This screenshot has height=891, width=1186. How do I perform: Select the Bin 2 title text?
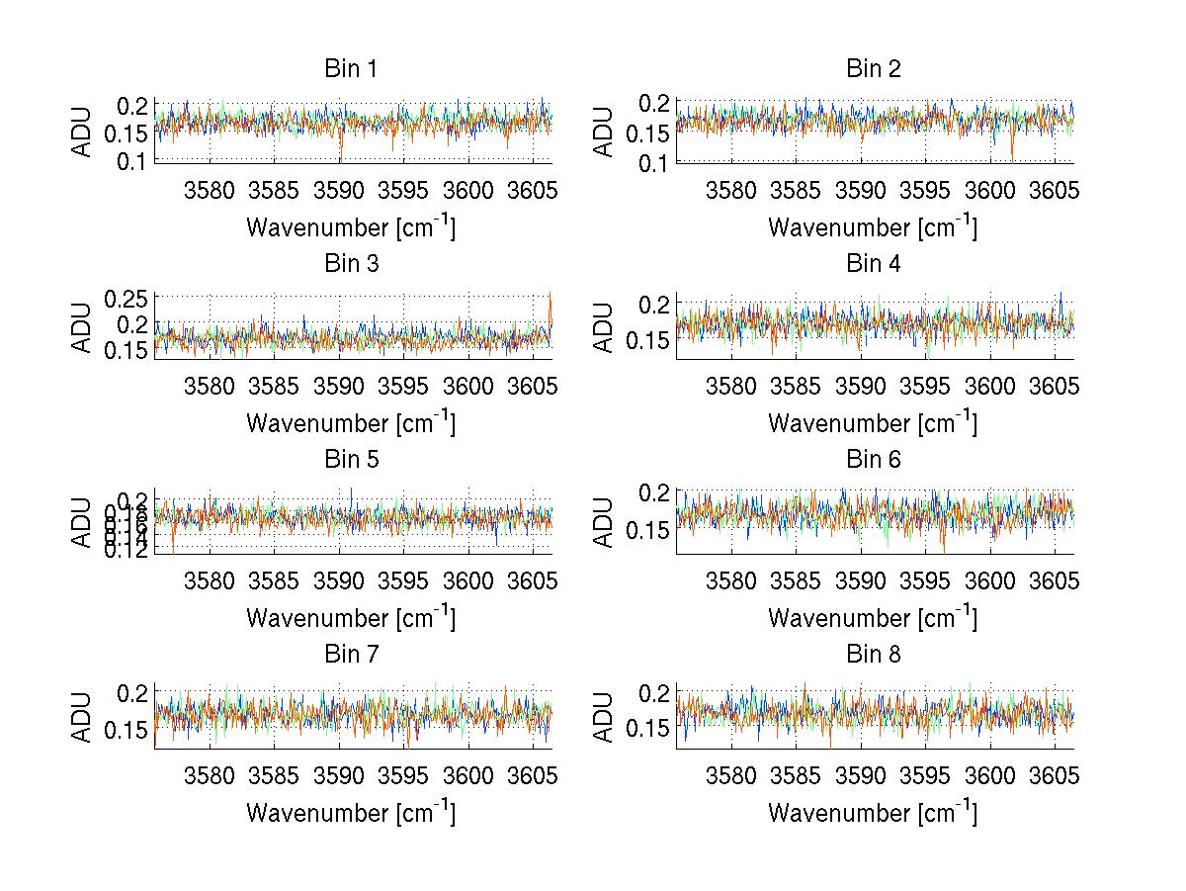coord(873,69)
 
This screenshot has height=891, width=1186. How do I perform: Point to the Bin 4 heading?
coord(873,264)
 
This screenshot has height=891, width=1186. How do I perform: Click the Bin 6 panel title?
coord(873,460)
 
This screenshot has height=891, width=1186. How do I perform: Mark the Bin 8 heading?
coord(873,655)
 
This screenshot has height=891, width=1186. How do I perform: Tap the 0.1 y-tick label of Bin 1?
coord(134,160)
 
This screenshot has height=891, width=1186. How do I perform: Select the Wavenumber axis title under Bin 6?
coord(873,618)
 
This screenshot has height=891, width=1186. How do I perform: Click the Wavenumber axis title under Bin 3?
coord(350,422)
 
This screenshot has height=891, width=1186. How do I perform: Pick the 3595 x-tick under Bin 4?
coord(925,384)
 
